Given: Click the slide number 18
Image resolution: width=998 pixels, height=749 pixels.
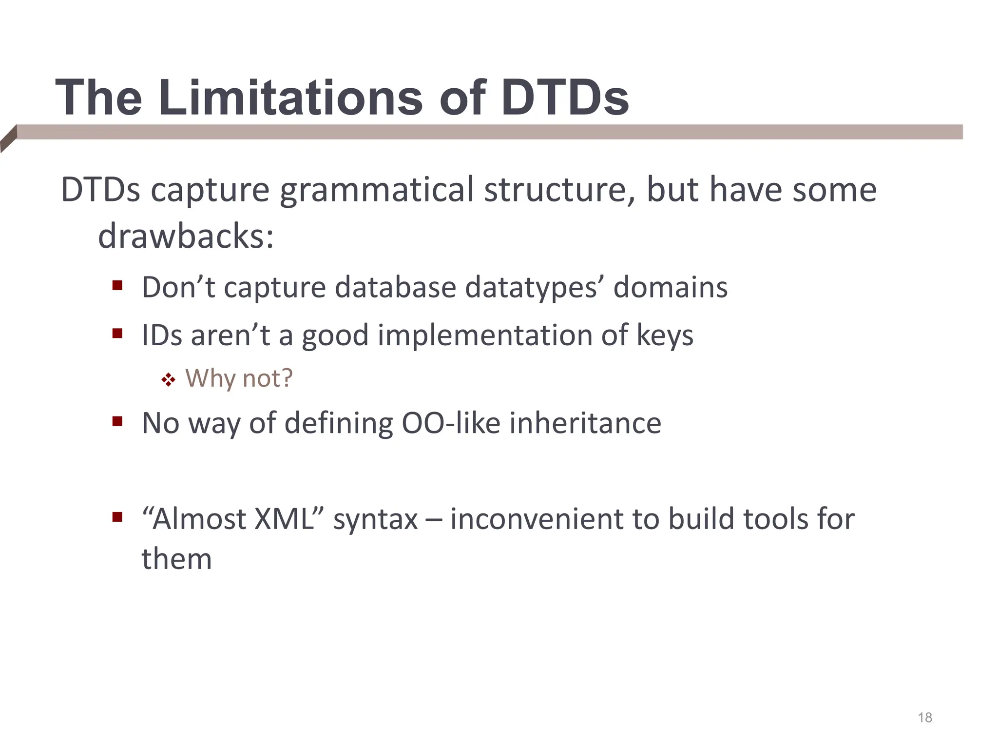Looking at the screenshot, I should click(x=924, y=717).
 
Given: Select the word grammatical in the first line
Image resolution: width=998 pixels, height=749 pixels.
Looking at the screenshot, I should click(x=376, y=190).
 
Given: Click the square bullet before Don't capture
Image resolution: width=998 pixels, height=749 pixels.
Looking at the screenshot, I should click(x=117, y=285).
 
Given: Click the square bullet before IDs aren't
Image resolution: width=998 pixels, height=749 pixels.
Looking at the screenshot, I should click(x=117, y=334).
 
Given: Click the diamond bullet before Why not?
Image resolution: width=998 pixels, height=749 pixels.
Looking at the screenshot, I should click(x=168, y=379).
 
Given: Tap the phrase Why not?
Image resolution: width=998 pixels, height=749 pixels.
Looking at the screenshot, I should click(x=239, y=378).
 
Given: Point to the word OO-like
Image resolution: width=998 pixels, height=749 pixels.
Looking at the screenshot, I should click(x=451, y=423).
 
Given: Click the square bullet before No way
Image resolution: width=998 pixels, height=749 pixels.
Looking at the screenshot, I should click(x=117, y=421).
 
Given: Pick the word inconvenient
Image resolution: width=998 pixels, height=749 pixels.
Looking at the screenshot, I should click(x=537, y=519).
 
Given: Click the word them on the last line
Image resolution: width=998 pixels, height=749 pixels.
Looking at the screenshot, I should click(x=176, y=559).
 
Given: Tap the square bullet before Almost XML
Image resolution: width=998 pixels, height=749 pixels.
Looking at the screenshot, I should click(x=117, y=517).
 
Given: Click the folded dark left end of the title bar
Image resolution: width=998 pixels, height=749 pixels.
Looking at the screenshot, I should click(x=8, y=138).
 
